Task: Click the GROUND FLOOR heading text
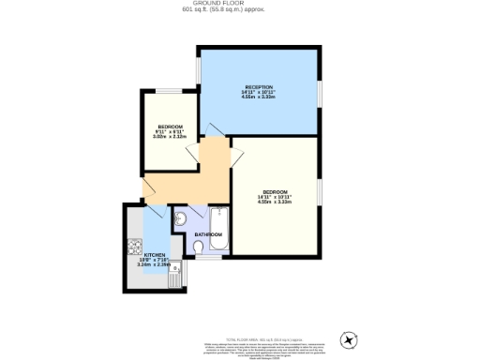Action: pyautogui.click(x=239, y=4)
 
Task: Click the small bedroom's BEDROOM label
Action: pyautogui.click(x=170, y=127)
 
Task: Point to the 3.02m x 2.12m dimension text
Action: pyautogui.click(x=170, y=137)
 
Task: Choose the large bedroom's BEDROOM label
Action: pyautogui.click(x=276, y=191)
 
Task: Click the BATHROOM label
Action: pyautogui.click(x=208, y=234)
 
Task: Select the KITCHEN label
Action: pyautogui.click(x=154, y=254)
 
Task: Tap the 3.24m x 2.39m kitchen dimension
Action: pyautogui.click(x=154, y=265)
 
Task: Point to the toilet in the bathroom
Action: pyautogui.click(x=198, y=247)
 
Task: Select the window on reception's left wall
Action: pyautogui.click(x=197, y=70)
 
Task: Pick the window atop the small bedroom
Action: pyautogui.click(x=170, y=91)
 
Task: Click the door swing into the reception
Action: pyautogui.click(x=214, y=129)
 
